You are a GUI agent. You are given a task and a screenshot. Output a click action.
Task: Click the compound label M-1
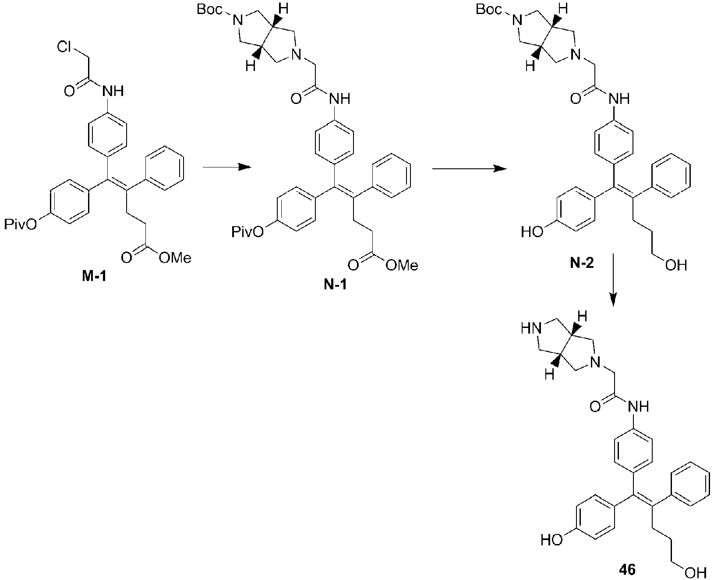coord(94,277)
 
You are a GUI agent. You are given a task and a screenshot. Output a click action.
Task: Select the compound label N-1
coord(335,285)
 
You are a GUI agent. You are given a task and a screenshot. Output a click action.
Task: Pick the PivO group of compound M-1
coord(21,224)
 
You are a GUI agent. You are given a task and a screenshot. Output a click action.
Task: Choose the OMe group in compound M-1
coord(175,258)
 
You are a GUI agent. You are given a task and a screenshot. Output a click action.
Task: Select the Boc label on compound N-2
coord(489,9)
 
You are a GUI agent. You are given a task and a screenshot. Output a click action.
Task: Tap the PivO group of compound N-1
coord(248,232)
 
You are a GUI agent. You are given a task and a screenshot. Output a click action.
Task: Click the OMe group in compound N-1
coord(402,265)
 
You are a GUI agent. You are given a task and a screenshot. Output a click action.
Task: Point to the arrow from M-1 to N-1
coord(227,167)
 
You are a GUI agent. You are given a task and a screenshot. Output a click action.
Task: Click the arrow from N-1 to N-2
coord(469,169)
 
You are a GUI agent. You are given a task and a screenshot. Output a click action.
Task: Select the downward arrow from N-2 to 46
coord(613,280)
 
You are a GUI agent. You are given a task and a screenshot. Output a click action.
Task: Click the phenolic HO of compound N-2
coord(532,232)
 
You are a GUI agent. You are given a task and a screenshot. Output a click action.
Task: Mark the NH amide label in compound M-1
coord(113,91)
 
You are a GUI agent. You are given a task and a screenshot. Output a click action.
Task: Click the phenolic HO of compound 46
coord(551,540)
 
